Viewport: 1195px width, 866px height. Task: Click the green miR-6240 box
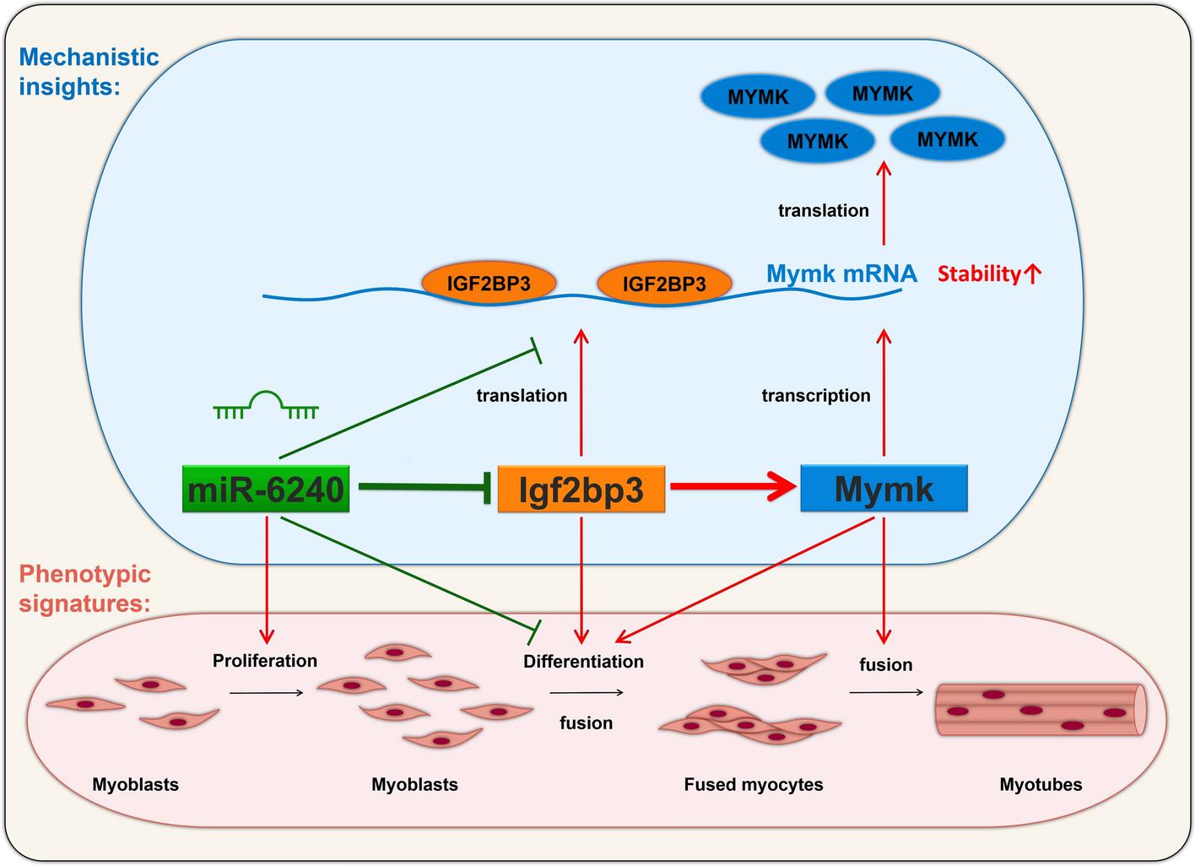coord(266,489)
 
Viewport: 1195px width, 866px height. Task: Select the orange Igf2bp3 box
coord(581,489)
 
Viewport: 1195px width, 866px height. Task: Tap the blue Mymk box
coord(884,488)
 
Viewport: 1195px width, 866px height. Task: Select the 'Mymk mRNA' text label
coord(841,273)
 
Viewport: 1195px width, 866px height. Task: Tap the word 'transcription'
coord(816,396)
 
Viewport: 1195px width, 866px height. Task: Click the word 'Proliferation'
coord(265,661)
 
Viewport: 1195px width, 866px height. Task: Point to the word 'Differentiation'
coord(583,662)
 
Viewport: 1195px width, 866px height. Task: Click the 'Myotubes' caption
coord(1041,785)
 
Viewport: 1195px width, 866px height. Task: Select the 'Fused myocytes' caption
coord(754,785)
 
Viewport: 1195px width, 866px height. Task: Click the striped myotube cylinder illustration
coord(1041,710)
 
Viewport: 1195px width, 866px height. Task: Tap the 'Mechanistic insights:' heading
coord(89,71)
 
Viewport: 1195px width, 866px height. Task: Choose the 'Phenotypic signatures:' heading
coord(84,589)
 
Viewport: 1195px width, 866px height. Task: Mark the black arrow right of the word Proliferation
coord(266,693)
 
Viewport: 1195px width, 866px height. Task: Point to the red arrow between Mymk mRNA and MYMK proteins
coord(884,203)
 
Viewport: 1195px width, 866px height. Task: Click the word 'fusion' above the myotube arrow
coord(885,665)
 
